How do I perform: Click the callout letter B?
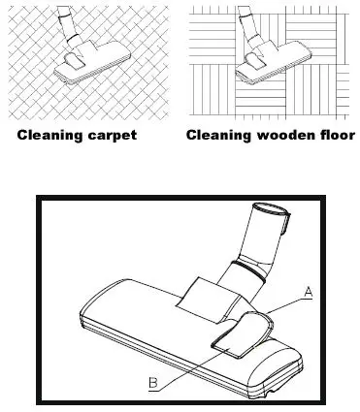(x=152, y=381)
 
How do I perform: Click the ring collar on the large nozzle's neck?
(x=255, y=269)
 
